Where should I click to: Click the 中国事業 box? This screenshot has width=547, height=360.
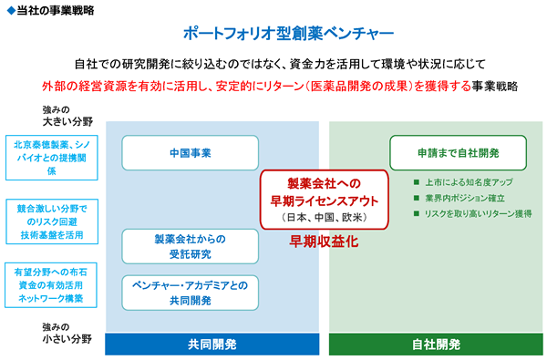tap(191, 153)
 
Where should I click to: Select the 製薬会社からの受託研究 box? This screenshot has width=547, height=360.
tap(191, 246)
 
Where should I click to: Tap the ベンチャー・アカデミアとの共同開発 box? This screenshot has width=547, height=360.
tap(191, 293)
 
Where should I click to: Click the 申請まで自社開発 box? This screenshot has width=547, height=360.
tap(458, 153)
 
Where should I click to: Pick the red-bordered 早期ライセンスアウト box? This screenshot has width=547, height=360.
tap(324, 200)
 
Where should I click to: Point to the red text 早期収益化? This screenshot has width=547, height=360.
tap(324, 242)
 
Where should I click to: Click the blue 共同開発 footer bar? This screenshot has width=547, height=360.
tap(212, 345)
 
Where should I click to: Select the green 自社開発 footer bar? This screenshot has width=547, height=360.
tap(436, 345)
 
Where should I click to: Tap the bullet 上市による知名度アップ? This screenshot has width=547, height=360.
tap(463, 182)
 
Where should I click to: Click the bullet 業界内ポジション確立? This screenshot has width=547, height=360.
tap(459, 198)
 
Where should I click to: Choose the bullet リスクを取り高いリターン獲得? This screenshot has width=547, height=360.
tap(472, 213)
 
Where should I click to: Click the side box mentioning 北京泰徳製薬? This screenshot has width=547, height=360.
tap(52, 158)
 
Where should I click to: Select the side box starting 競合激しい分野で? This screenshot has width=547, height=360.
tap(52, 221)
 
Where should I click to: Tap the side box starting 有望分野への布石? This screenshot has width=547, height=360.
tap(51, 285)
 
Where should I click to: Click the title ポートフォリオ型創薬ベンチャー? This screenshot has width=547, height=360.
tap(288, 34)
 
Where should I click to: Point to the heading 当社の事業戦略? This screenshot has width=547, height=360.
tap(56, 10)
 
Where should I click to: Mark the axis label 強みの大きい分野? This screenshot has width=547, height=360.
tap(67, 116)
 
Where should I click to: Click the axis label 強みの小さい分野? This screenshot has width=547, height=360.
tap(67, 334)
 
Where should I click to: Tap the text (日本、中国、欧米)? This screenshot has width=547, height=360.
tap(324, 218)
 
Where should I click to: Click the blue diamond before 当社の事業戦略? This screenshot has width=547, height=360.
tap(11, 11)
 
